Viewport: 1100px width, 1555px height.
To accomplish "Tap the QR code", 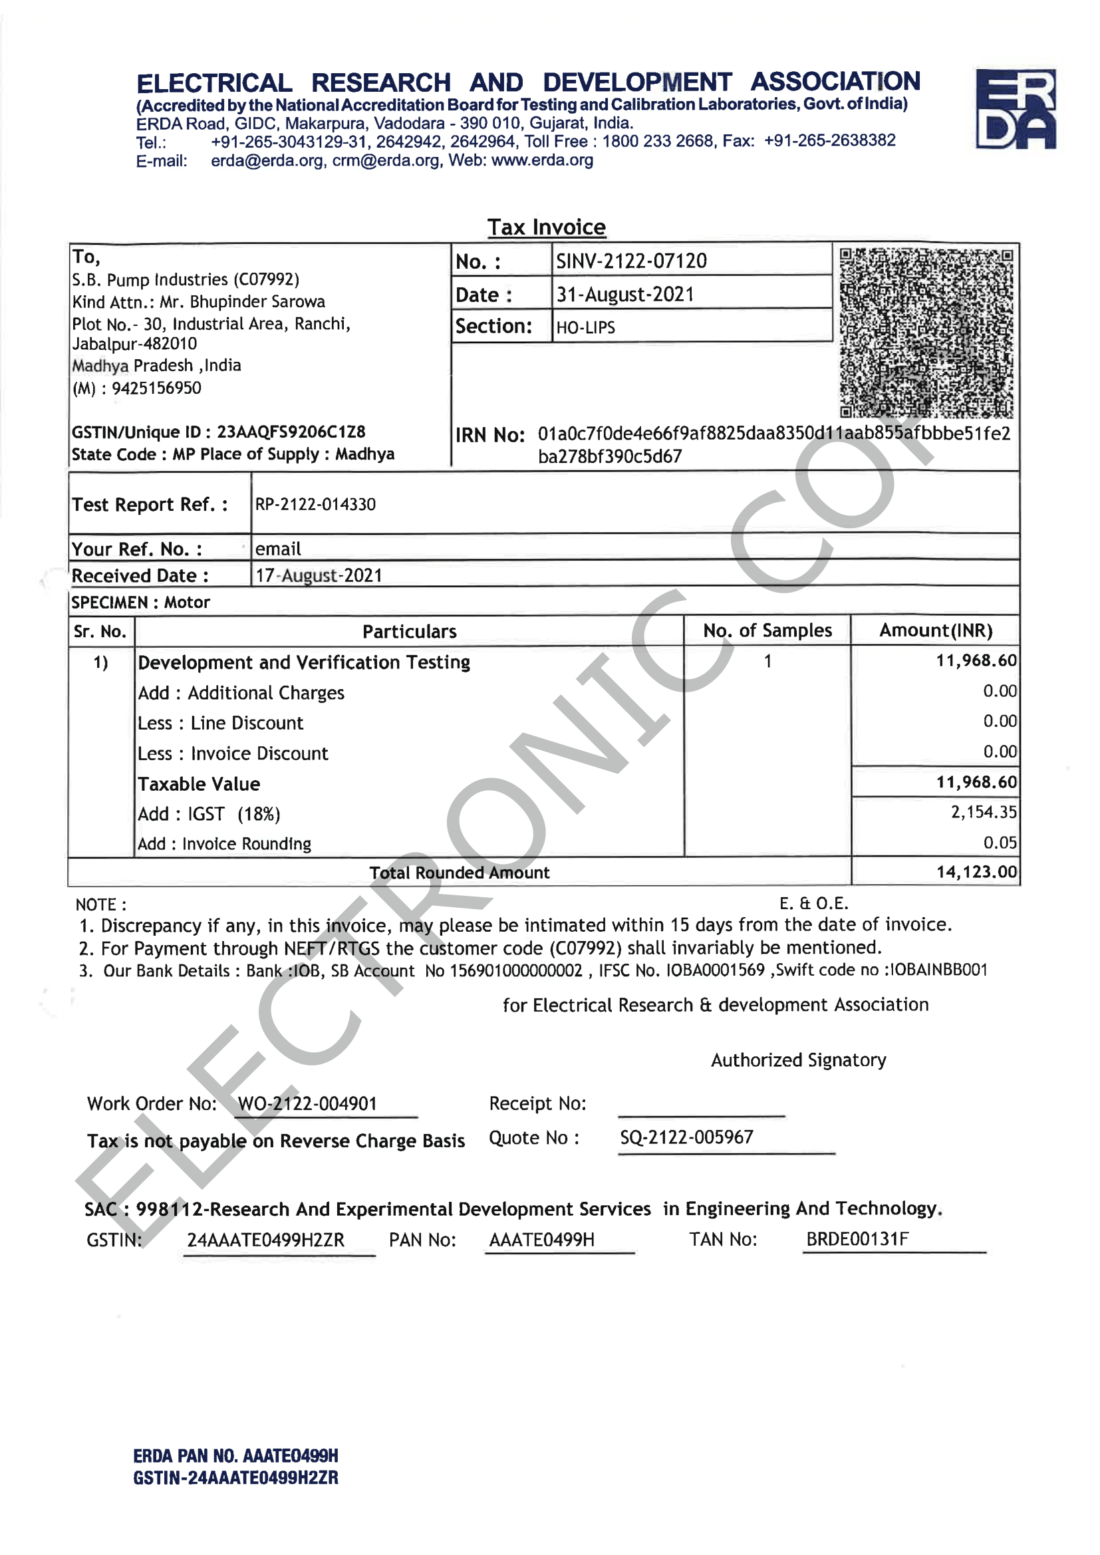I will (x=926, y=333).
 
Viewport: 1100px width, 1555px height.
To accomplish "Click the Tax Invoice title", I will (x=547, y=227).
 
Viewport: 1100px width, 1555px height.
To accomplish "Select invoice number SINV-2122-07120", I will (x=631, y=261).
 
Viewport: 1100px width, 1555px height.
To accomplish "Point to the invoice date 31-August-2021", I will (x=625, y=295).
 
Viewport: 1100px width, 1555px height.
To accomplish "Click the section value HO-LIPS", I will (x=586, y=328).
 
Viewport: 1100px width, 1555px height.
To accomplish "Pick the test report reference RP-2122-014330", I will (x=316, y=505).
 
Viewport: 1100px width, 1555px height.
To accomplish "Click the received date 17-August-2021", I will (x=319, y=576).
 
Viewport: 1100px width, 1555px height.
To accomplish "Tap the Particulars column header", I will (x=409, y=631).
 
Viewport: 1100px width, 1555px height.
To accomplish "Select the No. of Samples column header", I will (x=767, y=631).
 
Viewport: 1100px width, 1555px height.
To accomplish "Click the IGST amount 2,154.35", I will (x=984, y=812).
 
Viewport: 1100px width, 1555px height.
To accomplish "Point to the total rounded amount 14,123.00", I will (x=977, y=872).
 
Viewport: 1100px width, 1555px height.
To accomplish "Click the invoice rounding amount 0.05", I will (x=1000, y=843).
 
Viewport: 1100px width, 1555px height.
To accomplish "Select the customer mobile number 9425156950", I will (x=156, y=388).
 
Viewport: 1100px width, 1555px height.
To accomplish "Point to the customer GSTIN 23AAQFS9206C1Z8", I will (x=291, y=432).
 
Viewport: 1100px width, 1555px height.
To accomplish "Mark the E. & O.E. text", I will (x=813, y=903).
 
